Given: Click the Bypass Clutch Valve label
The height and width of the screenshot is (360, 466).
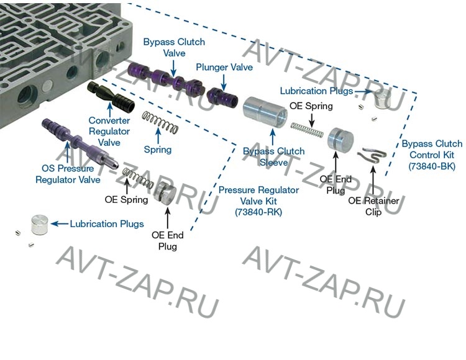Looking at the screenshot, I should coord(165,48).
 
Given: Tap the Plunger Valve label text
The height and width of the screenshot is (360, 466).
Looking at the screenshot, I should coord(224,67).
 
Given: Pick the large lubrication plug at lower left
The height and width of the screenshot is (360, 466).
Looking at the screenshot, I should coord(39,224).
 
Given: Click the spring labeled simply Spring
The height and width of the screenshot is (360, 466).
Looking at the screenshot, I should coord(160,122).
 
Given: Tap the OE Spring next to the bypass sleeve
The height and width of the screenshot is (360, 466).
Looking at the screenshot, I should coord(308,129).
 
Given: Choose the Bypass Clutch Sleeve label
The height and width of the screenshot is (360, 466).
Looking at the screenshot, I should coord(274,156).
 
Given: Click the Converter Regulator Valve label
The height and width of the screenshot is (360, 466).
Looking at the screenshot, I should coord(109,131).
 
